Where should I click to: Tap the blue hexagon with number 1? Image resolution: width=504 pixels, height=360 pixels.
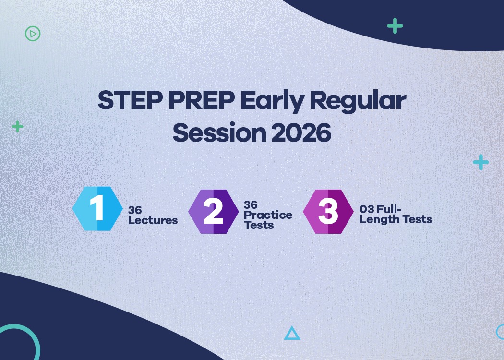(x=98, y=209)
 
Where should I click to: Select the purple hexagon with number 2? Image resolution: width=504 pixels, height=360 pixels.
(x=213, y=212)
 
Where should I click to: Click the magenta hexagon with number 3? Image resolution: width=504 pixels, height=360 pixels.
(x=328, y=212)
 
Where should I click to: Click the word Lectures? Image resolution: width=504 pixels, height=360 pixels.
(x=153, y=220)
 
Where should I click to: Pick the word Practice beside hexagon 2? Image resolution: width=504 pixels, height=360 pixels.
(x=268, y=215)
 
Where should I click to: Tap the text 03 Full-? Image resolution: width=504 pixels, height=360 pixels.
(x=381, y=210)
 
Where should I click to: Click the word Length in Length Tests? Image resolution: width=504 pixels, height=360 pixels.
(x=377, y=220)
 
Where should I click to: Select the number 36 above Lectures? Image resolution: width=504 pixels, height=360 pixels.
(x=135, y=210)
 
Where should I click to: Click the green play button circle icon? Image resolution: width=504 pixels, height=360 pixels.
(x=33, y=34)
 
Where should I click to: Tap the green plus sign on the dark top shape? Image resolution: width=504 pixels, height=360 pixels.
(x=395, y=26)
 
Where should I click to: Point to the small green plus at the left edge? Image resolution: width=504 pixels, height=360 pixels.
(x=18, y=126)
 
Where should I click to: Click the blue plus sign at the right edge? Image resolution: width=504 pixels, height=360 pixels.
(x=480, y=162)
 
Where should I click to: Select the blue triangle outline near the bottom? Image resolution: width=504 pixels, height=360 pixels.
(x=292, y=333)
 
